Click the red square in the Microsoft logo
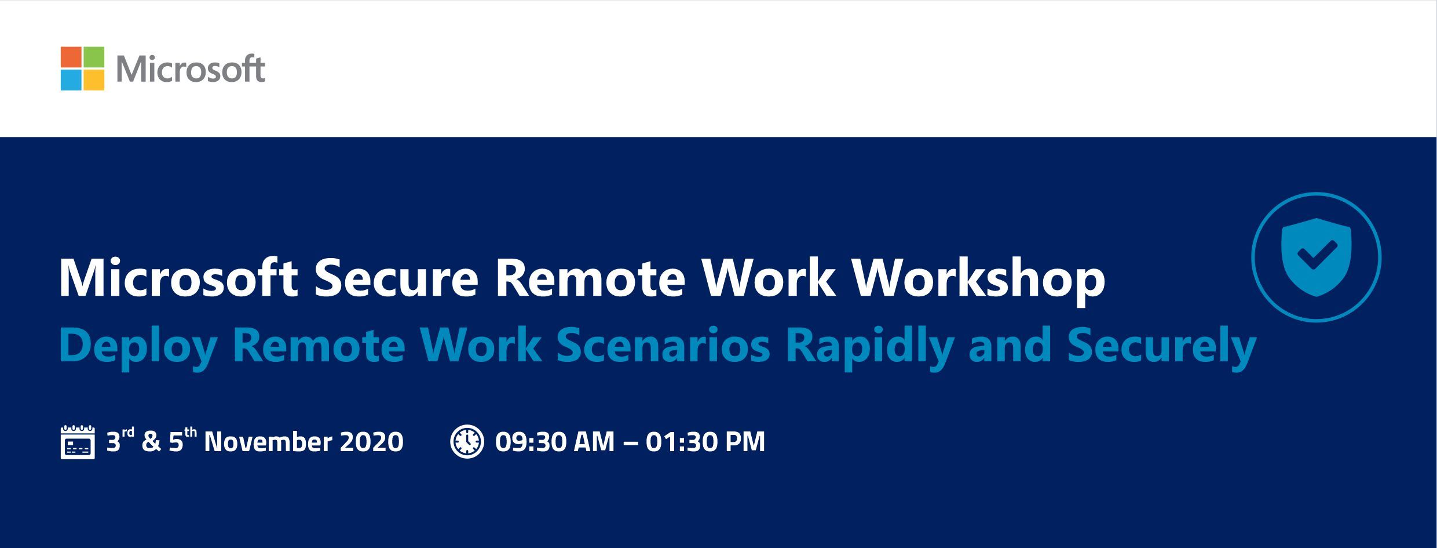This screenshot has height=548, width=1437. coord(71,57)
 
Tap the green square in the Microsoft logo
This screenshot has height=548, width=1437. coord(94,57)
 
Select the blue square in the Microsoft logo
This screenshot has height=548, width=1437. coord(71,80)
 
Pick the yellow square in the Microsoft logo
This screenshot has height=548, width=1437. coord(94,80)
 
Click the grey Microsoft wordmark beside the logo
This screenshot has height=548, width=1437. coord(191,70)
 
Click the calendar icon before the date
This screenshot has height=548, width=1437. coord(78,442)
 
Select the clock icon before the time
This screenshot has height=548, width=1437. coord(467,442)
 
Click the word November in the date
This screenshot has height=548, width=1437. coord(268,442)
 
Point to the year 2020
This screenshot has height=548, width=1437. coord(371,442)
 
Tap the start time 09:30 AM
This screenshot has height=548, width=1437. coord(555,442)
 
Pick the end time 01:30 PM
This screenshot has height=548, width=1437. coord(705,442)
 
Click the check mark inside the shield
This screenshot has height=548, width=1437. coord(1317,255)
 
